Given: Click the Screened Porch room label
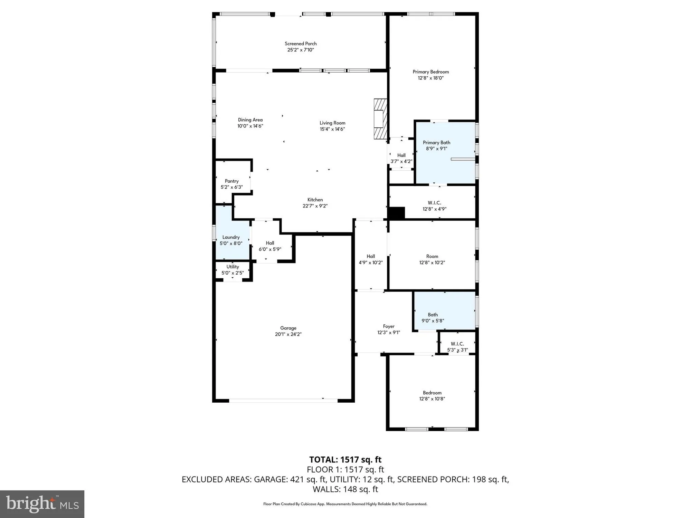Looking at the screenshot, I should click(x=301, y=44).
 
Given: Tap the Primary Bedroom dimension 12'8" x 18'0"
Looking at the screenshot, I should click(x=430, y=78).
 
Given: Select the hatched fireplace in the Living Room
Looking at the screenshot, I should click(x=380, y=119).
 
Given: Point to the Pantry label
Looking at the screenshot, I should click(x=231, y=181).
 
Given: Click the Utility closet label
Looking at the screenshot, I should click(x=233, y=267).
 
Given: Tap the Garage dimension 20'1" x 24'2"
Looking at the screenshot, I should click(x=288, y=334).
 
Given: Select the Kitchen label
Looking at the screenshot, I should click(x=315, y=200).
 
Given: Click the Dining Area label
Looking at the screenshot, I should click(x=250, y=120).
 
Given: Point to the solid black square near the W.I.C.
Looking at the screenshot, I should click(x=396, y=213).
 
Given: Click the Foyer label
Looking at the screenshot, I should click(x=389, y=326).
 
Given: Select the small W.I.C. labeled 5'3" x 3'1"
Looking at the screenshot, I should click(x=457, y=346).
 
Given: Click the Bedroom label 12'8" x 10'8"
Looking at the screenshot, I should click(x=432, y=393).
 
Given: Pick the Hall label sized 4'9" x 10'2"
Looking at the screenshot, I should click(x=371, y=256).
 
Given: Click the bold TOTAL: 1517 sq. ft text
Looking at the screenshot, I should click(x=345, y=460).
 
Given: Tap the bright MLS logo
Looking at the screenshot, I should click(x=42, y=504).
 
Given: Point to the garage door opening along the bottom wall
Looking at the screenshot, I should click(x=283, y=401).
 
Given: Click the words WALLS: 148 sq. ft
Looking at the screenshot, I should click(x=345, y=489).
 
